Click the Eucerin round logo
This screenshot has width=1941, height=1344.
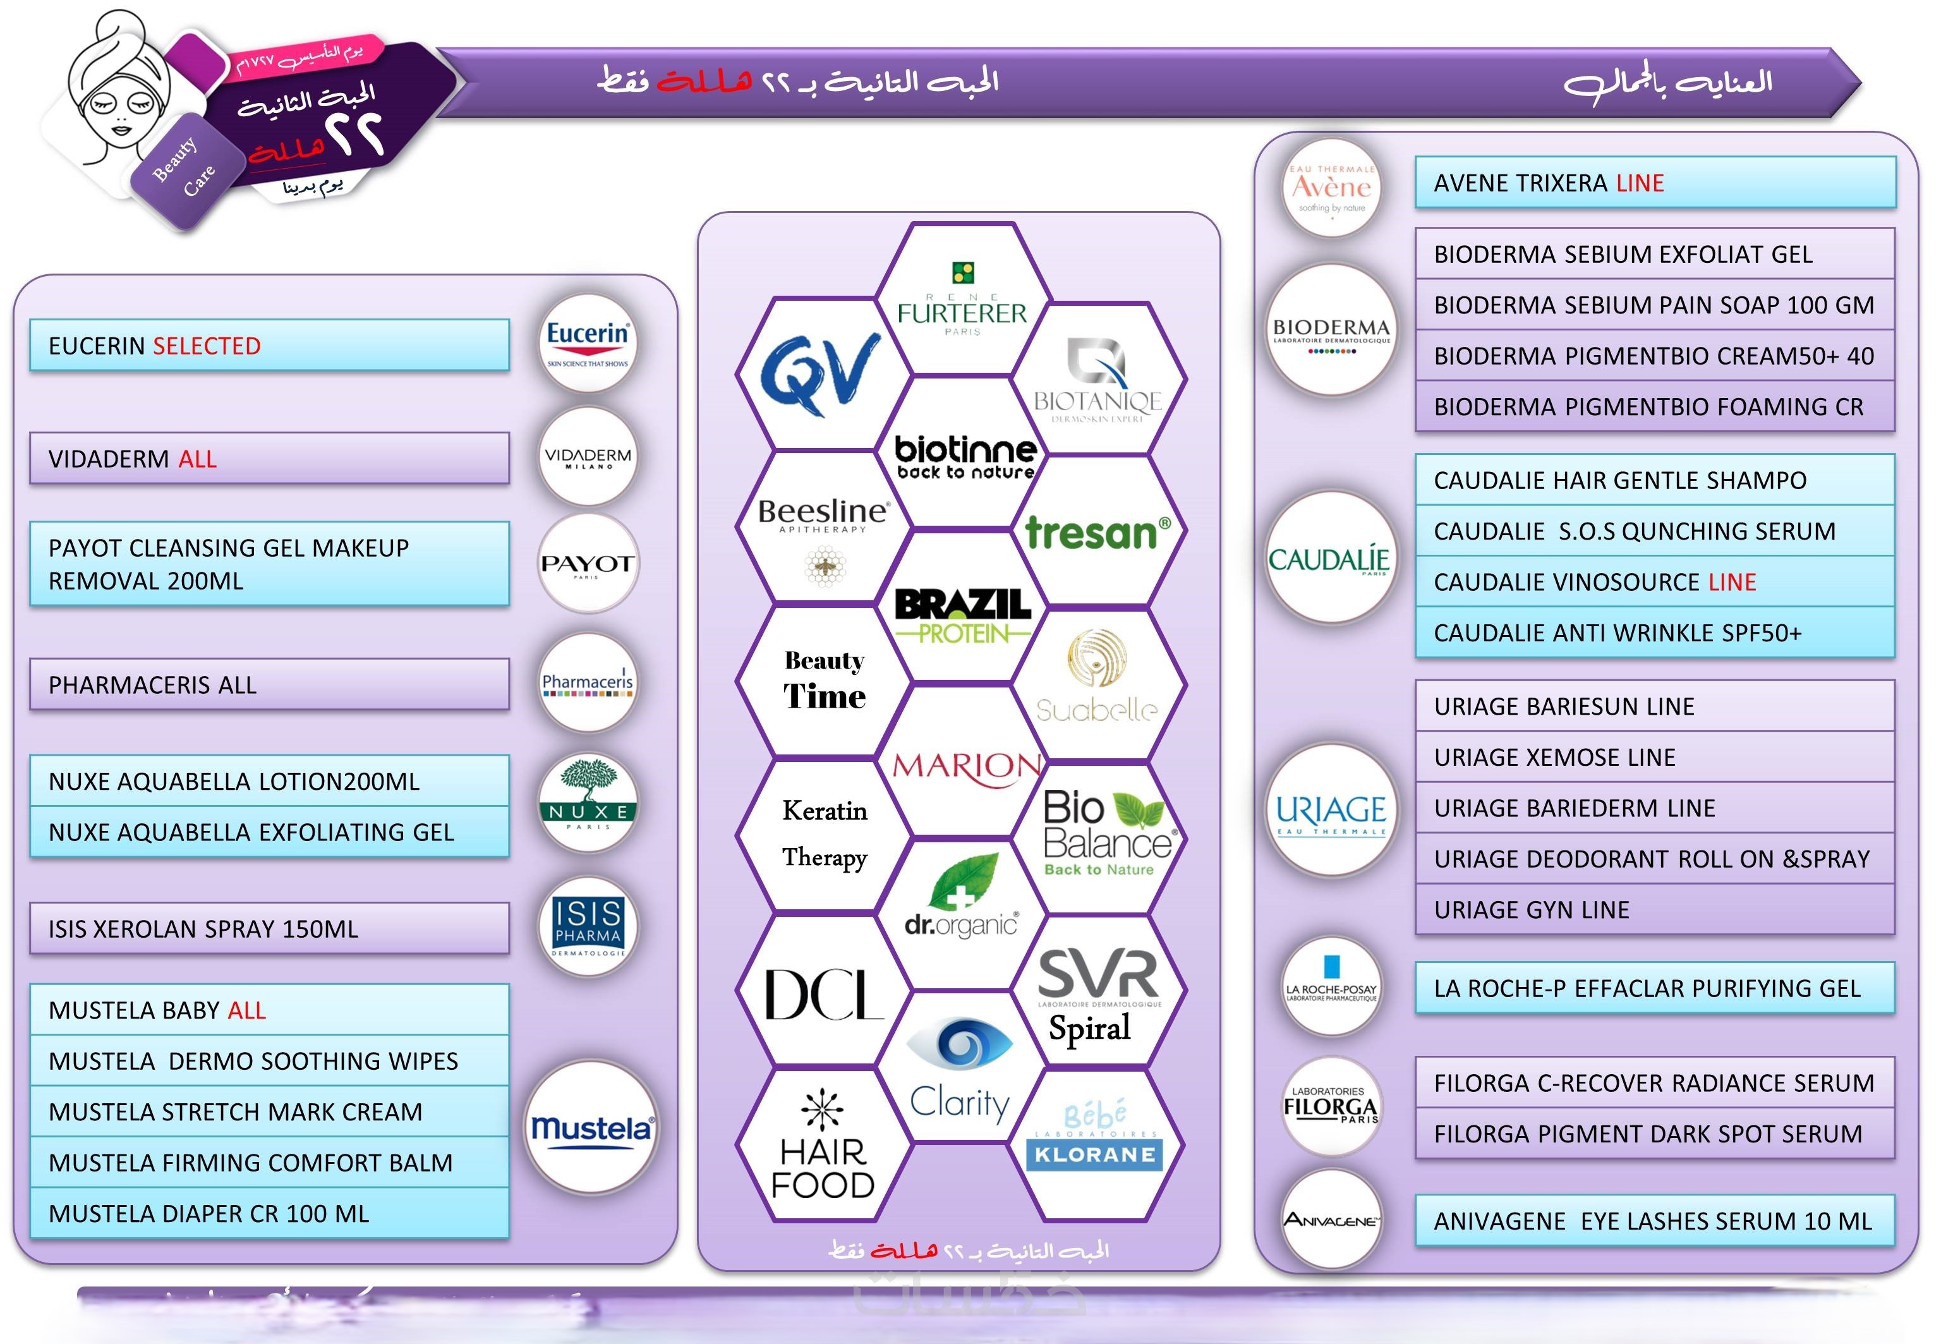(587, 342)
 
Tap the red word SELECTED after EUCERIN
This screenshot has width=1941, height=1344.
(207, 346)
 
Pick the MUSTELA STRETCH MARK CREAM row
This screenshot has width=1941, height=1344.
(236, 1111)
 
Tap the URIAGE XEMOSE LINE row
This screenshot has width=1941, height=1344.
(1554, 757)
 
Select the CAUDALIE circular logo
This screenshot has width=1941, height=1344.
(1329, 559)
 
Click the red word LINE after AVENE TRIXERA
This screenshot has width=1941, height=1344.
(1640, 183)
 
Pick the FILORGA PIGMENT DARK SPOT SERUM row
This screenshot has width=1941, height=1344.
(1648, 1134)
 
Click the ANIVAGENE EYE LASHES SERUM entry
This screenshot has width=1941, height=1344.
(1652, 1220)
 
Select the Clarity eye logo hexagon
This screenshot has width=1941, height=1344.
(960, 1069)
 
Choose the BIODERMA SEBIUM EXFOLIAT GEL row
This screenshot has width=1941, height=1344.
(1623, 254)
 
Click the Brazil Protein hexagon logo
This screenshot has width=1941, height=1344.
(962, 613)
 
